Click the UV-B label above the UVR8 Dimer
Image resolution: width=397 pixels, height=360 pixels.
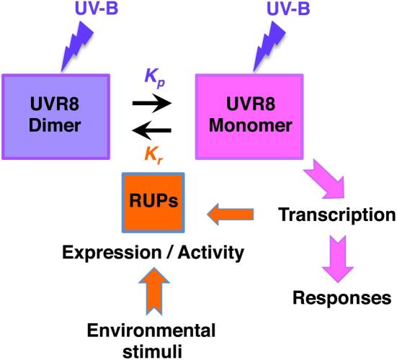coord(97,8)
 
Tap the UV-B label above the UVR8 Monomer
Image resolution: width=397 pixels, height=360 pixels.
coord(288,8)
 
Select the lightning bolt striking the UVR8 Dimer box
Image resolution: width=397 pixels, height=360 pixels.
coord(76,46)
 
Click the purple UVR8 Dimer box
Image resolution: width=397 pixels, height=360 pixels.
coord(56,117)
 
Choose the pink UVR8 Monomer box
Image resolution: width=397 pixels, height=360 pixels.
coord(249,117)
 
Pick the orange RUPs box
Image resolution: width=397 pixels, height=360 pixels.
coord(153,202)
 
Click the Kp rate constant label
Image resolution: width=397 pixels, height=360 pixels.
coord(155,78)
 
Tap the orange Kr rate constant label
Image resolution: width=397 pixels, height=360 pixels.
coord(153,156)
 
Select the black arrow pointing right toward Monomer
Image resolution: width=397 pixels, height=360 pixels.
coord(152,103)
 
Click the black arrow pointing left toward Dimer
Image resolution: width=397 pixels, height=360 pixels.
coord(151,130)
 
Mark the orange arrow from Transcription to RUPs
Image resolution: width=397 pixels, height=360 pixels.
coord(231,215)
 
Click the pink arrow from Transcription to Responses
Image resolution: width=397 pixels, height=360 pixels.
coord(338,258)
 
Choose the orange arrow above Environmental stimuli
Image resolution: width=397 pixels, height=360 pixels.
coord(154,292)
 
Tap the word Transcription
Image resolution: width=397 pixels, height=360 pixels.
coord(336,215)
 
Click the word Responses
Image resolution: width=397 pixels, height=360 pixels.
coord(342,298)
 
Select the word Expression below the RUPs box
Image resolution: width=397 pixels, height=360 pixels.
coord(112,253)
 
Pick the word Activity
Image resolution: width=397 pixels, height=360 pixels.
coord(210,253)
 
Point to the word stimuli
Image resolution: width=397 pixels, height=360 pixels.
coord(152,351)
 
